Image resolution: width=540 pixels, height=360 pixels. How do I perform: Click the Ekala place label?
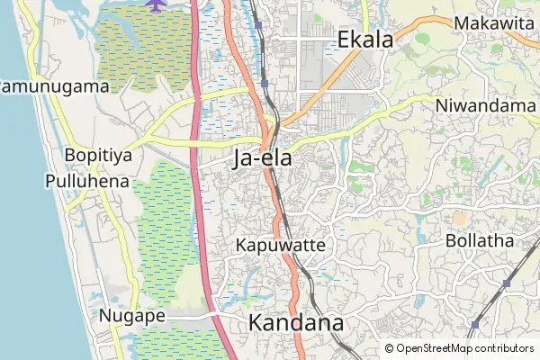click(365, 39)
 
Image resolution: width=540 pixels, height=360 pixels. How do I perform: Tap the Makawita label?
click(494, 23)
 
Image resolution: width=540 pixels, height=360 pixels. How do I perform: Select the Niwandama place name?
click(485, 105)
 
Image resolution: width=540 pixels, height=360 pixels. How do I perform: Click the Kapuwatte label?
click(279, 245)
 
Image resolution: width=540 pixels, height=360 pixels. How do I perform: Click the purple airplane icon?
click(155, 5)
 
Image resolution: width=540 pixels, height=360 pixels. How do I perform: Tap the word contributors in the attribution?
click(505, 348)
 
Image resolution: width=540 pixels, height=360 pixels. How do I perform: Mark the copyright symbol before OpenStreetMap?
click(390, 348)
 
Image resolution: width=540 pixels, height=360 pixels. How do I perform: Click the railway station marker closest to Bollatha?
click(507, 283)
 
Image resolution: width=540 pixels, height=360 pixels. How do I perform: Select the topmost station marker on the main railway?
click(259, 26)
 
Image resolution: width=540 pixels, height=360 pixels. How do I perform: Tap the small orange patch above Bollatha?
click(460, 218)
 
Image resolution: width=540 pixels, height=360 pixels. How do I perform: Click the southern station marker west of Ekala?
click(265, 83)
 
